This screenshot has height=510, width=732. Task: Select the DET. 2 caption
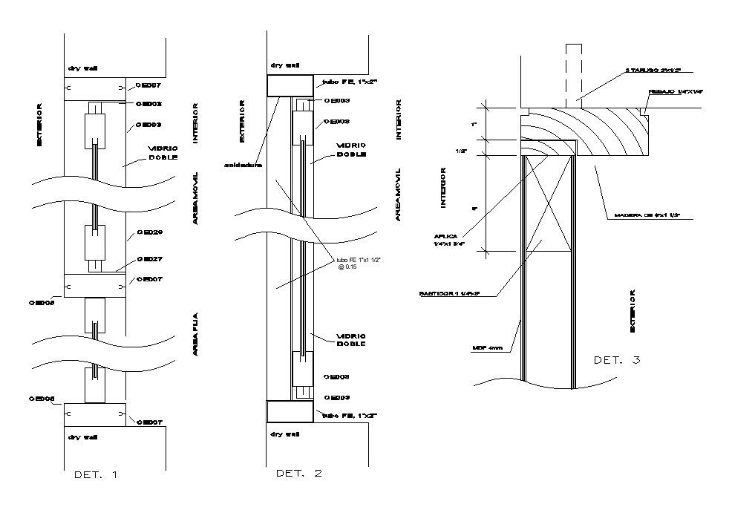(x=298, y=473)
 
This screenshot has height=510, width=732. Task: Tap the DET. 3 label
(x=617, y=360)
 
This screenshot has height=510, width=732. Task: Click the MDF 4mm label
(x=487, y=347)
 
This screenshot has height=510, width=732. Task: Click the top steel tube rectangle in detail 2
(x=290, y=85)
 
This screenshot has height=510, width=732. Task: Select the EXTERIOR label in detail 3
(x=633, y=311)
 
